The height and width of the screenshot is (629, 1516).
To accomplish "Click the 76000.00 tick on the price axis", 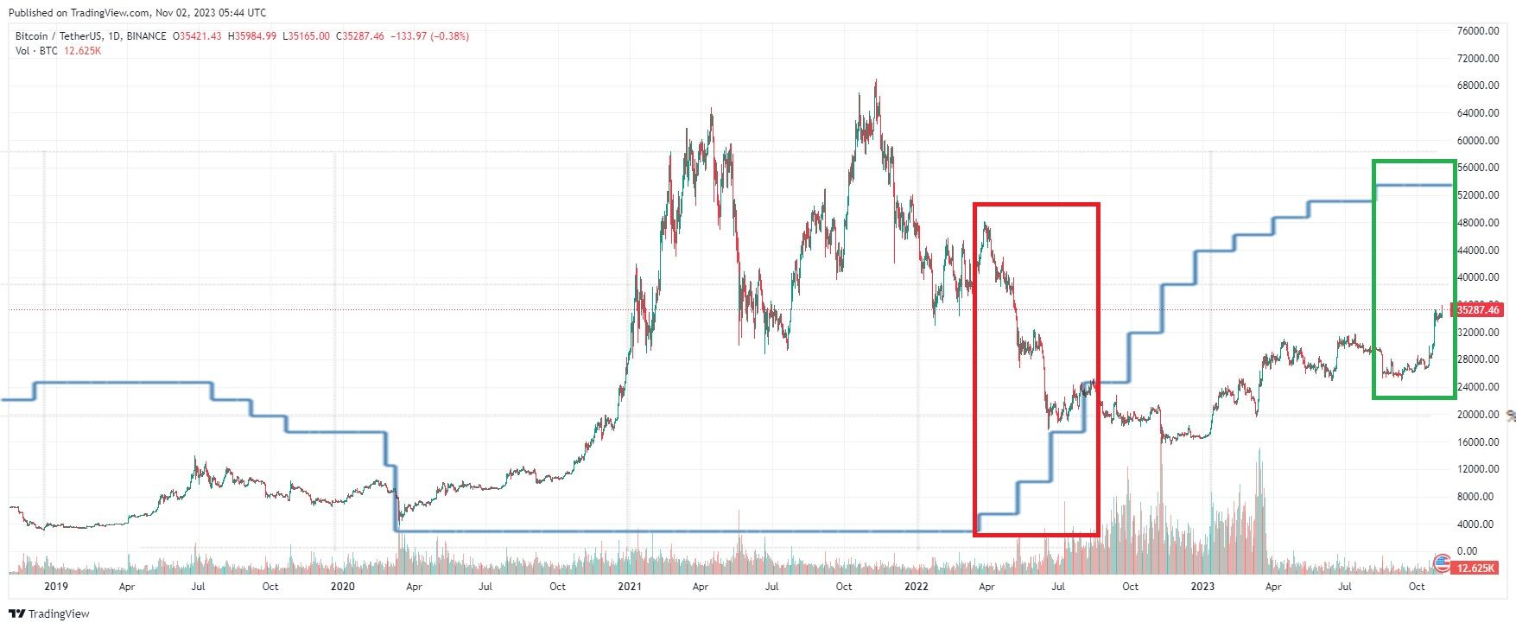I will coord(1477,31).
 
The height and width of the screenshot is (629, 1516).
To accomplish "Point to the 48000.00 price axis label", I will coord(1477,223).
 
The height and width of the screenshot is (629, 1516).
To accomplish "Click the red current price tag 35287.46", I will coord(1478,309).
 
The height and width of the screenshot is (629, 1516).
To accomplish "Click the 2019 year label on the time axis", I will coord(56,587).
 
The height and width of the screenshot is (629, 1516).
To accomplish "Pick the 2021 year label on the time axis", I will coord(630,587).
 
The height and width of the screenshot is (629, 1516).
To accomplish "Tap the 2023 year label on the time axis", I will coord(1202,587).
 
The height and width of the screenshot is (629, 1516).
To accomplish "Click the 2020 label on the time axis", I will coord(343,587).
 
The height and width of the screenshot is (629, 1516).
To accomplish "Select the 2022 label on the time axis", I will coord(917,587).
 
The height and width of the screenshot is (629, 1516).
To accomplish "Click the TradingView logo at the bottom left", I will coord(49,613).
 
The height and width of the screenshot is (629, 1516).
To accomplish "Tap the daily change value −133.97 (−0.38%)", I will coord(430,36).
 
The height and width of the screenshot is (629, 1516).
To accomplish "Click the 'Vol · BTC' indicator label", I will coord(36,51).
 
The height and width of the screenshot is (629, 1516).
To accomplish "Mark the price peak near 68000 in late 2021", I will coord(877,80).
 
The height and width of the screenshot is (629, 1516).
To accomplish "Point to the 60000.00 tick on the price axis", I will coord(1477,141).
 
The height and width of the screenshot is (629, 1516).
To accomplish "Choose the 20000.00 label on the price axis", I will coord(1477,415).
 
